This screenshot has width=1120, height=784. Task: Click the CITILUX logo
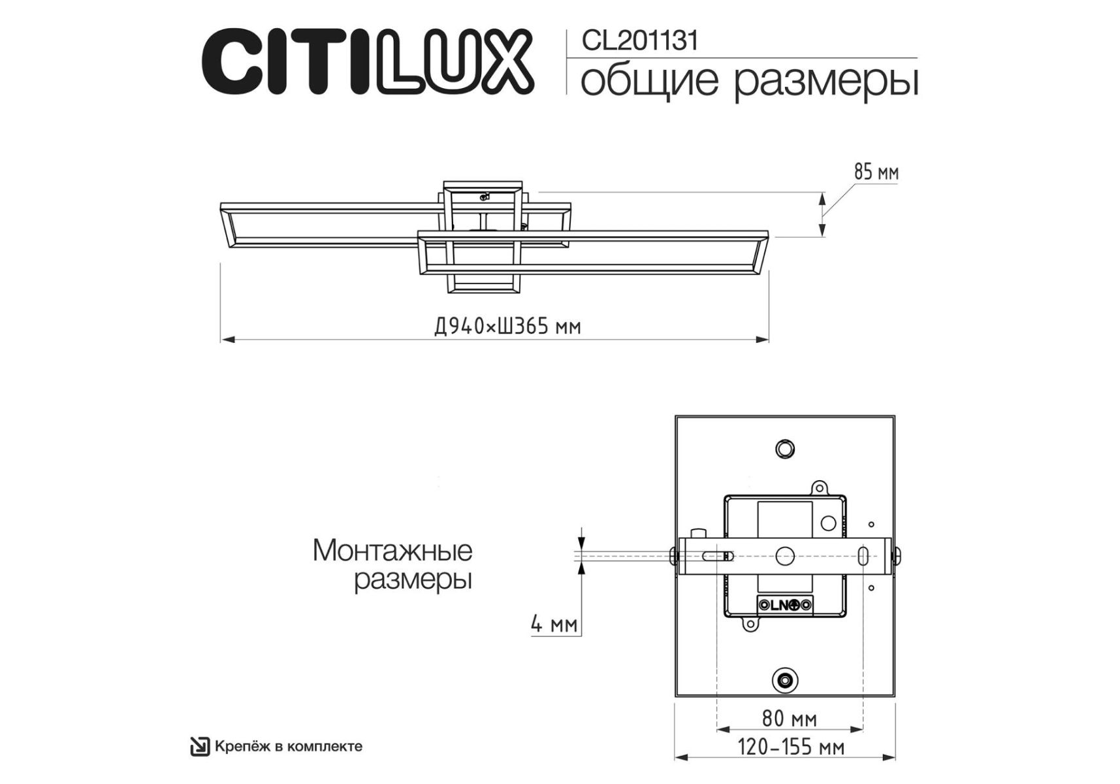tap(368, 61)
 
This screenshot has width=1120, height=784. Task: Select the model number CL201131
tap(640, 41)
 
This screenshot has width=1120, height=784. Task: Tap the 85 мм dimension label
tap(876, 172)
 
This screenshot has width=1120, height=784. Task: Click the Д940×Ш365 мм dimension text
tap(507, 326)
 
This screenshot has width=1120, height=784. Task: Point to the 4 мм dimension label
tap(554, 624)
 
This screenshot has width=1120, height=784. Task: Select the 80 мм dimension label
tap(789, 719)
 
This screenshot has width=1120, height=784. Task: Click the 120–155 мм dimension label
tap(791, 746)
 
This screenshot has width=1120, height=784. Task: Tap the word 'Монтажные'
tap(392, 551)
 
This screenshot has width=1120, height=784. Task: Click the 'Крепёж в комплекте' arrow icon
tap(200, 746)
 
